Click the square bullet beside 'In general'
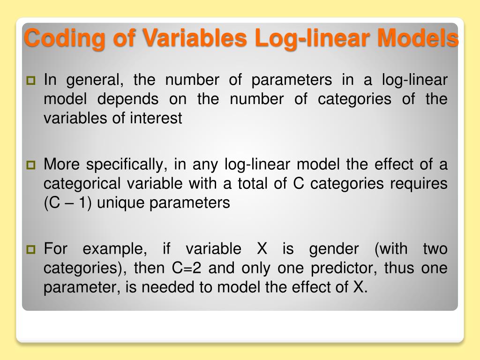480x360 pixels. point(32,81)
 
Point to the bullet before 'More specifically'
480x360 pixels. point(32,165)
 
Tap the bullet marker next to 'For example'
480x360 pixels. point(32,249)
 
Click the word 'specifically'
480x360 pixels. point(126,165)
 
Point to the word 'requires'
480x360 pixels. point(420,184)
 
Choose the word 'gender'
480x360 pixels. point(334,249)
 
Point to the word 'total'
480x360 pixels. point(253,184)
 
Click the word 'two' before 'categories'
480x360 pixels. point(435,249)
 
